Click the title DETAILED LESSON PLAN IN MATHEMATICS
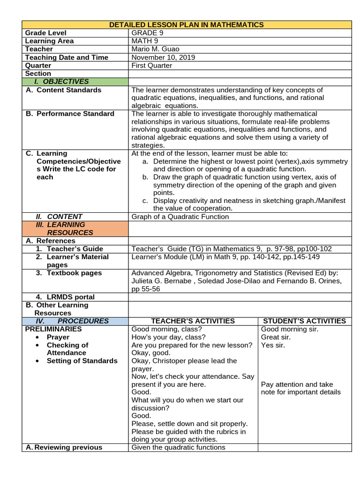point(186,25)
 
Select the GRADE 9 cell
point(147,33)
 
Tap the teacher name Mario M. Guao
point(155,49)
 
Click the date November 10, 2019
point(163,57)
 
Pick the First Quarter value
point(151,66)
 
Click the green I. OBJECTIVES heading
point(65,82)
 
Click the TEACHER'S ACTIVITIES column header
point(193,321)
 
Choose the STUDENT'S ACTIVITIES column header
point(304,321)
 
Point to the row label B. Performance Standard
point(70,114)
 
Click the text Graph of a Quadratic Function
point(180,217)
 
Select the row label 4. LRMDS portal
point(65,297)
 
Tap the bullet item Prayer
point(58,337)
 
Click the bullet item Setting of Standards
point(82,361)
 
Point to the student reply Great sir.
point(276,337)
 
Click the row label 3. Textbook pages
point(68,273)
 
